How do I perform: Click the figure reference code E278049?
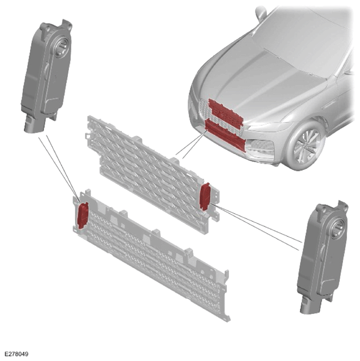tap(17, 354)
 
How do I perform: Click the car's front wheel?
tap(306, 146)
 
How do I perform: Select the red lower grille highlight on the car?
tap(225, 135)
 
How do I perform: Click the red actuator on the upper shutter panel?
tap(205, 197)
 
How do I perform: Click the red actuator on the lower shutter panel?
tap(83, 215)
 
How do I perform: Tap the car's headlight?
tap(270, 126)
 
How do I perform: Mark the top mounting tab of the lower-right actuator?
tap(342, 206)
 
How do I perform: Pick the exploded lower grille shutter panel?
tap(151, 254)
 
